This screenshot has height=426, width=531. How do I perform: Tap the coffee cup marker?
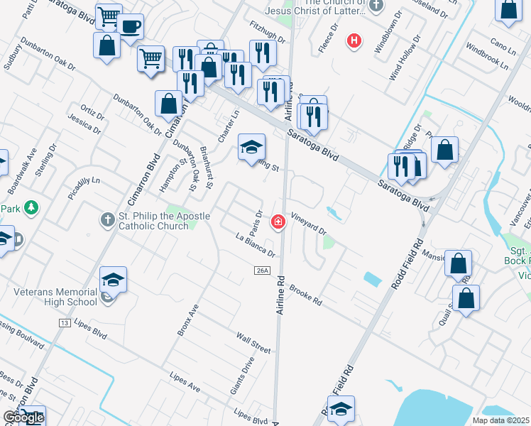(130, 28)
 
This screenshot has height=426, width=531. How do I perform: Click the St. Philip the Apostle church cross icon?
(107, 220)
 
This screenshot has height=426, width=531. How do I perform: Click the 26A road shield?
(261, 270)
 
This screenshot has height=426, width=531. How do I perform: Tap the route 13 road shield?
(64, 323)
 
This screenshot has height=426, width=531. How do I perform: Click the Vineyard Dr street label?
(308, 226)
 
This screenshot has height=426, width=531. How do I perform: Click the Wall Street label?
(253, 344)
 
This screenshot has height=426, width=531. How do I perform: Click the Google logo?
(23, 417)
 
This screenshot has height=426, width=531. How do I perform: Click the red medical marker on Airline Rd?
(278, 223)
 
